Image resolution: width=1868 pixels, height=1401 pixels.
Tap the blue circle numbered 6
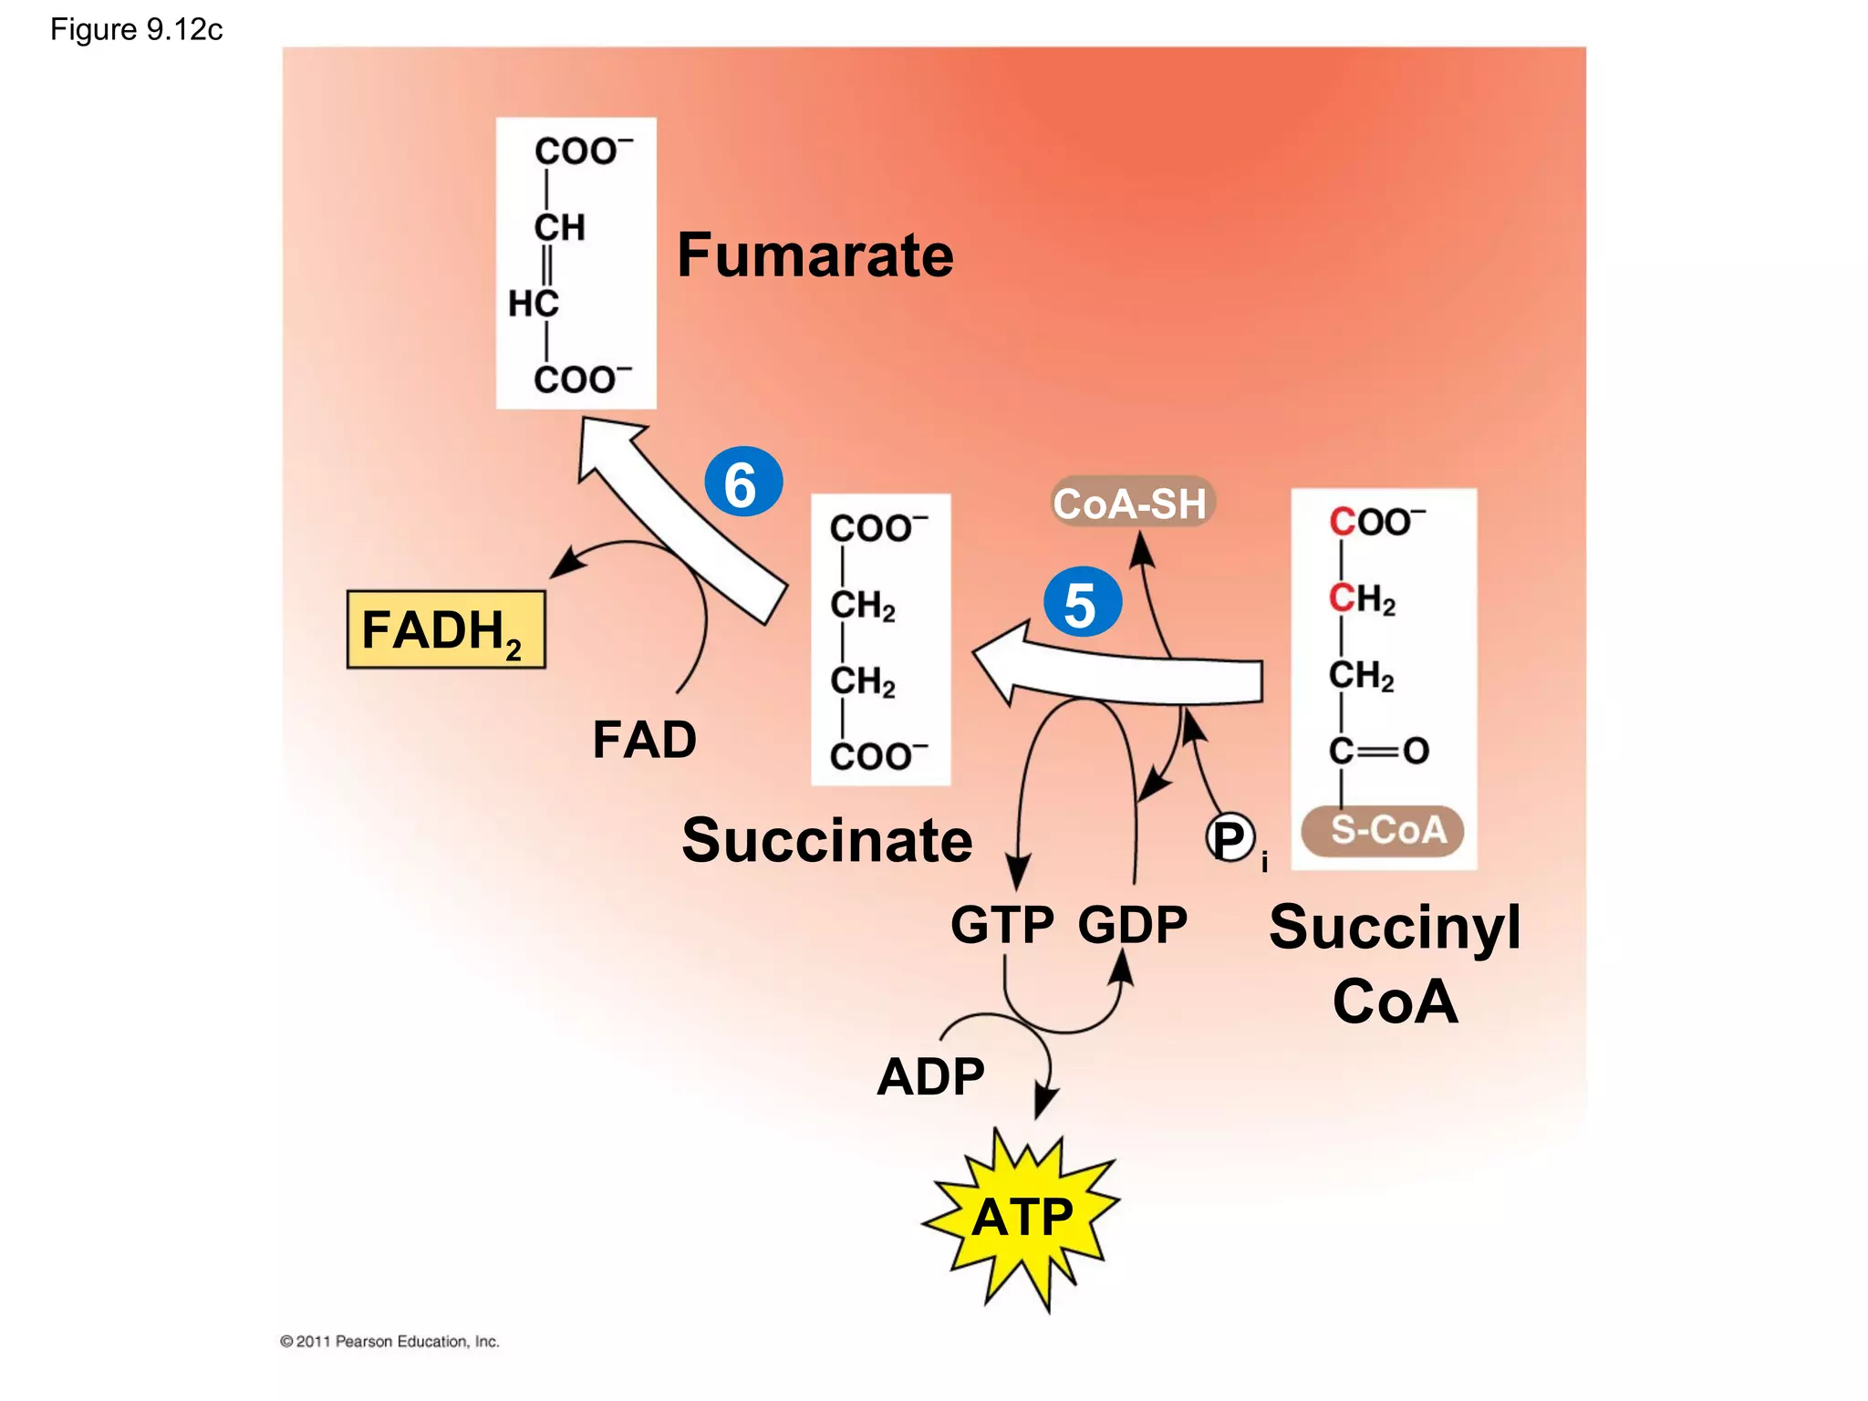click(x=743, y=483)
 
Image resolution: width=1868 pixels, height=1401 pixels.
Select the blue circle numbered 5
click(x=1083, y=603)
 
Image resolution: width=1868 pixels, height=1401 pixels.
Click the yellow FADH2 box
click(x=446, y=629)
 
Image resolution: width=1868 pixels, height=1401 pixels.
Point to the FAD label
click(x=644, y=739)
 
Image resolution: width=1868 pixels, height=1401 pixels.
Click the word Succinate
click(x=826, y=840)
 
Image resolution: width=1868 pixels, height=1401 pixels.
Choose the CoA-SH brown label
click(x=1131, y=503)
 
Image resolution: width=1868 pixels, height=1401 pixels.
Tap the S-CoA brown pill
click(x=1383, y=831)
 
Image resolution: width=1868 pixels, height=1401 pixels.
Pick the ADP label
click(x=930, y=1076)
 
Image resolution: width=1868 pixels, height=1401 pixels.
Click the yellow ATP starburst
click(x=1022, y=1218)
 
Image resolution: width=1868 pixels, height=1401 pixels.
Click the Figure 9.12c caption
click(x=137, y=30)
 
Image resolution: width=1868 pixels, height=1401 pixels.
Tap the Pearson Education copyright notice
click(x=389, y=1341)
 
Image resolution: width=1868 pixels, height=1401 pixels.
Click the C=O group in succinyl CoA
click(x=1378, y=751)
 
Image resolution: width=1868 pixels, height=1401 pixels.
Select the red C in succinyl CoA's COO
click(x=1342, y=523)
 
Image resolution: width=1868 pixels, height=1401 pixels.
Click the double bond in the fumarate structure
click(x=546, y=265)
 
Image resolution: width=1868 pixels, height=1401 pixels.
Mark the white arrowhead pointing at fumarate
click(x=606, y=447)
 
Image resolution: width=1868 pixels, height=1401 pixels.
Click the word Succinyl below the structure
click(x=1395, y=928)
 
